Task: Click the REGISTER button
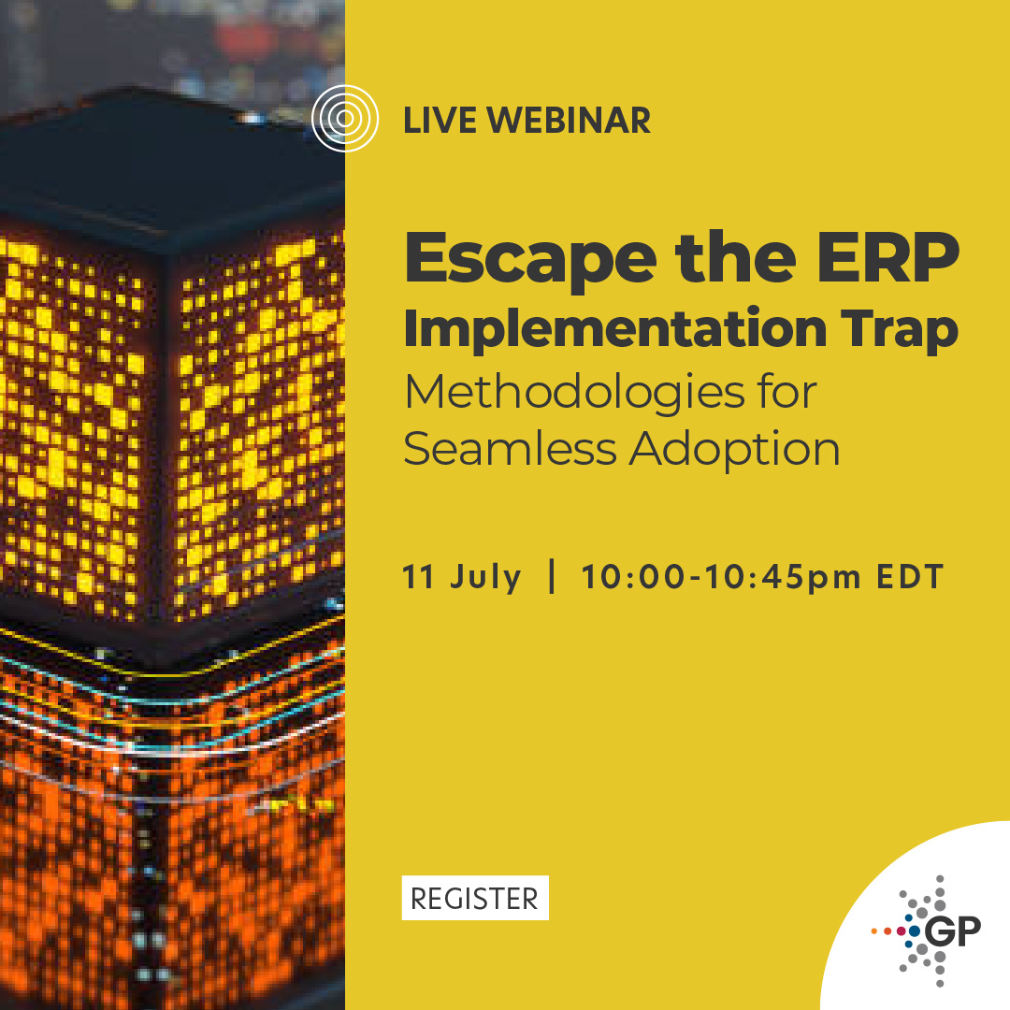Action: click(x=475, y=898)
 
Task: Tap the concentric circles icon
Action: click(x=345, y=119)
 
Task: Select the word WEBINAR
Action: click(x=569, y=121)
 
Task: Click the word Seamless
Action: click(x=510, y=449)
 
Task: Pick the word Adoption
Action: click(x=734, y=451)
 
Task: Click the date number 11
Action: click(x=419, y=577)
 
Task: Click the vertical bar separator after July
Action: click(x=553, y=576)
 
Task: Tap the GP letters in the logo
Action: click(x=952, y=931)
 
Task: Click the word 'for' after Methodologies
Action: click(x=785, y=393)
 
